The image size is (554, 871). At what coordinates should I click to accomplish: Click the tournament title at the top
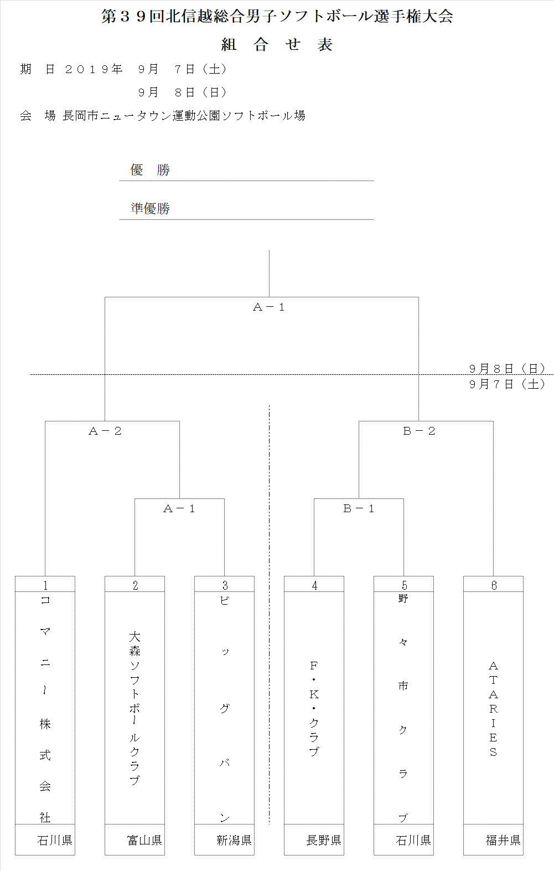(x=277, y=16)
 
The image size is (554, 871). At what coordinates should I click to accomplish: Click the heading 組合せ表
(x=277, y=45)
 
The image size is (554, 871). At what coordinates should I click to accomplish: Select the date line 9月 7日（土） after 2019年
(x=183, y=69)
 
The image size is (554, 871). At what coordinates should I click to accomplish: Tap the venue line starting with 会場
(x=163, y=116)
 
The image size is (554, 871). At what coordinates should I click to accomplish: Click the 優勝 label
(x=150, y=170)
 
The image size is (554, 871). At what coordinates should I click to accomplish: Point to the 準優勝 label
(x=151, y=208)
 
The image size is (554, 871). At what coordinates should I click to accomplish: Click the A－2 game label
(x=105, y=431)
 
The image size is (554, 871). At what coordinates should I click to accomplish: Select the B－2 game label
(x=419, y=431)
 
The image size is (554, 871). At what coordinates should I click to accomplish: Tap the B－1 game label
(x=359, y=509)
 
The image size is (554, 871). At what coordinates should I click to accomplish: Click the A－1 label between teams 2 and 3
(x=179, y=509)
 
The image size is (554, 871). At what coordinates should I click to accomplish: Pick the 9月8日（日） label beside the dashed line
(x=507, y=368)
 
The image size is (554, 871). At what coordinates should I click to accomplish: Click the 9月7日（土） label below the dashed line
(x=507, y=384)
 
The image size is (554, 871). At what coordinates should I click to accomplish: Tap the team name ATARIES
(x=493, y=708)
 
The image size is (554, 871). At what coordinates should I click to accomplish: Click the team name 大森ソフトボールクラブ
(x=134, y=708)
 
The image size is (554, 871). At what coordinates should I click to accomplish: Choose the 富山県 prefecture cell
(x=144, y=841)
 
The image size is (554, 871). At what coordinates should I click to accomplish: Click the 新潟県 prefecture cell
(x=234, y=841)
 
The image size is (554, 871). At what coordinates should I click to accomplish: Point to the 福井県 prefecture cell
(x=503, y=841)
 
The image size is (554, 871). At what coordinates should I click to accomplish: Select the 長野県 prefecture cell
(x=323, y=841)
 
